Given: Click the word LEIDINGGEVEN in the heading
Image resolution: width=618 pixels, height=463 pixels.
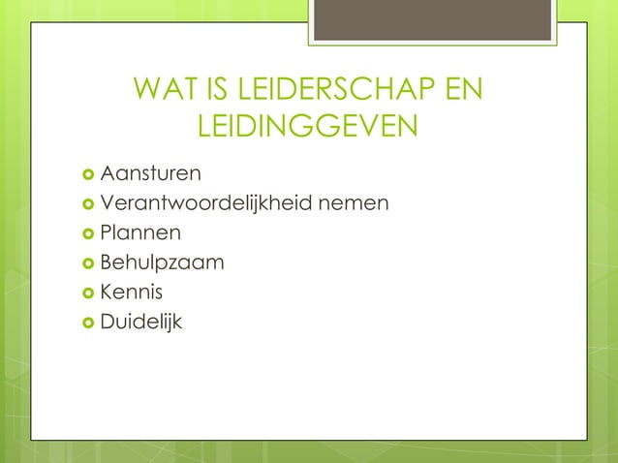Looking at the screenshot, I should [x=308, y=127].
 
